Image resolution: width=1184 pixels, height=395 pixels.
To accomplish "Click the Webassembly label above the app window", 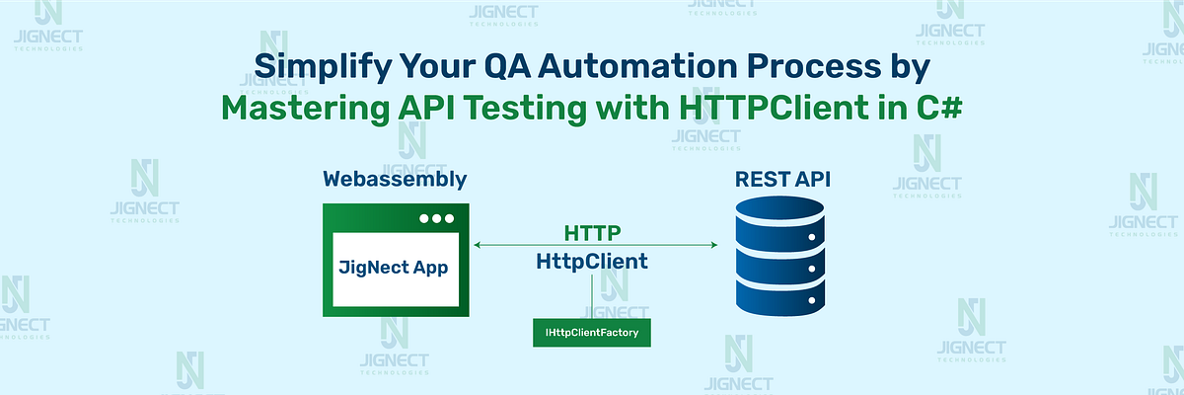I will (x=395, y=180).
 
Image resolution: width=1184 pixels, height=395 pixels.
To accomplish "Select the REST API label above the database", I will (x=782, y=180).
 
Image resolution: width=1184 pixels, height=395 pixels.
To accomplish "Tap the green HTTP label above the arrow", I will (x=592, y=233).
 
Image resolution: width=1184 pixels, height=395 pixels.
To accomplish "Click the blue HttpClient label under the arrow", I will (x=592, y=262).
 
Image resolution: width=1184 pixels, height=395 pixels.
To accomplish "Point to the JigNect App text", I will (x=395, y=268).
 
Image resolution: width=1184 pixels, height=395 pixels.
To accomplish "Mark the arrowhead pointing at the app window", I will (x=478, y=244).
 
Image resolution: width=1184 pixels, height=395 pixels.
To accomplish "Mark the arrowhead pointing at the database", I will (x=713, y=244).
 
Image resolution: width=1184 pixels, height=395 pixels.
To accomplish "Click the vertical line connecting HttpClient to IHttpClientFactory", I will (x=592, y=296).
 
